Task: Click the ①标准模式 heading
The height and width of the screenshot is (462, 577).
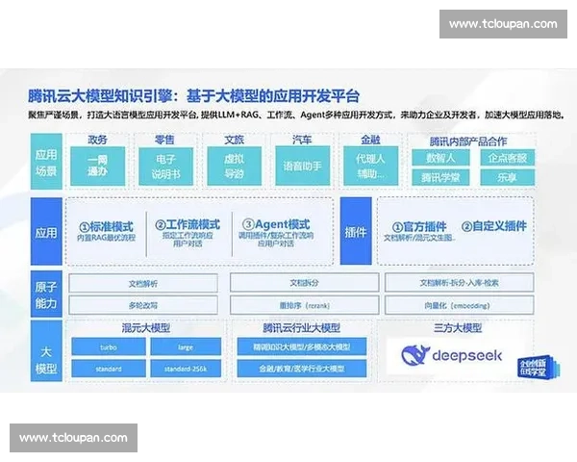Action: point(110,224)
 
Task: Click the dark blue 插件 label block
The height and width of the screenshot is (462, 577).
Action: point(355,231)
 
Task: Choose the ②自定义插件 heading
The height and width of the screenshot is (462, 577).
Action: point(493,226)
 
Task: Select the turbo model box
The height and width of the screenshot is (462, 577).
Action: point(109,346)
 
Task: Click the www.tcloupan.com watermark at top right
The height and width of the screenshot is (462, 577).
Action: point(503,23)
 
